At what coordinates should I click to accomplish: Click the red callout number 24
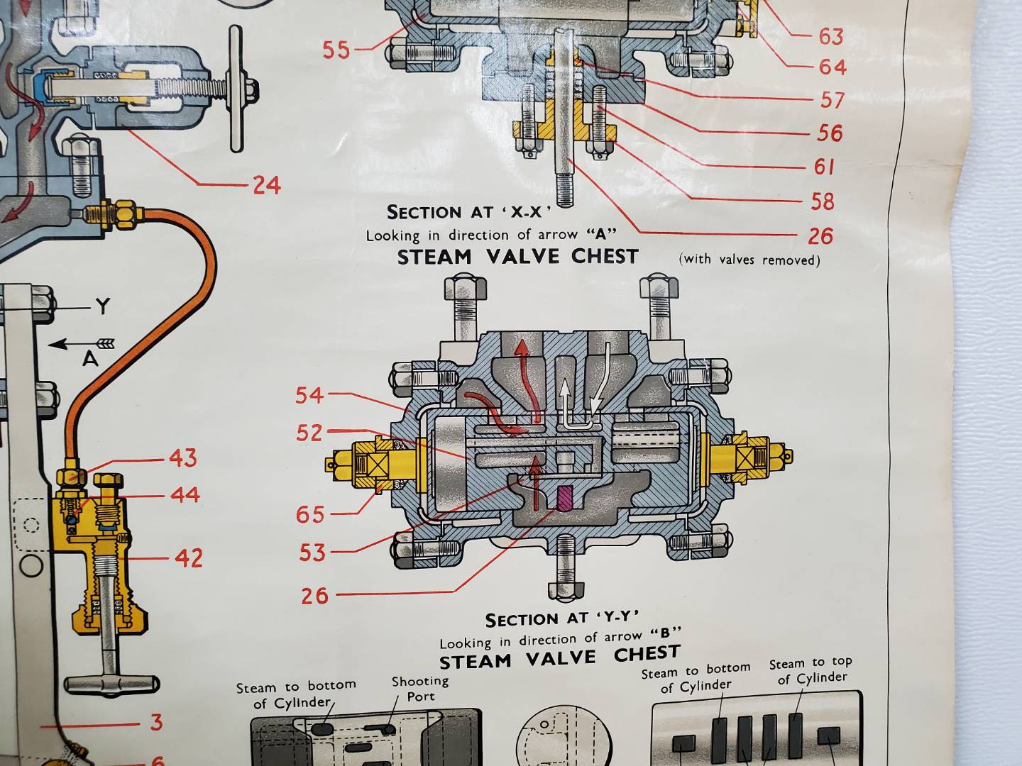267,185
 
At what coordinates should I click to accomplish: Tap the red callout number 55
336,50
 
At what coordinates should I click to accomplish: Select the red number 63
831,36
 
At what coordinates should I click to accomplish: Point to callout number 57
831,100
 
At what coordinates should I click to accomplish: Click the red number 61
825,167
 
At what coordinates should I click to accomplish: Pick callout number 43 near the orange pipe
183,458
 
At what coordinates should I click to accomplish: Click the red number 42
189,558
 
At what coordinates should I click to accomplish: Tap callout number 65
310,515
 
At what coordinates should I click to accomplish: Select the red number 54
309,396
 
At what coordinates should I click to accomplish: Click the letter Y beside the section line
103,306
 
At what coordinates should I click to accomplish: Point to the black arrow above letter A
82,344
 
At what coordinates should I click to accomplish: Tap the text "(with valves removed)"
749,260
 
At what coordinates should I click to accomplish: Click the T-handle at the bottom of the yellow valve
111,685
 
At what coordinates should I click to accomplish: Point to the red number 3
156,723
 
